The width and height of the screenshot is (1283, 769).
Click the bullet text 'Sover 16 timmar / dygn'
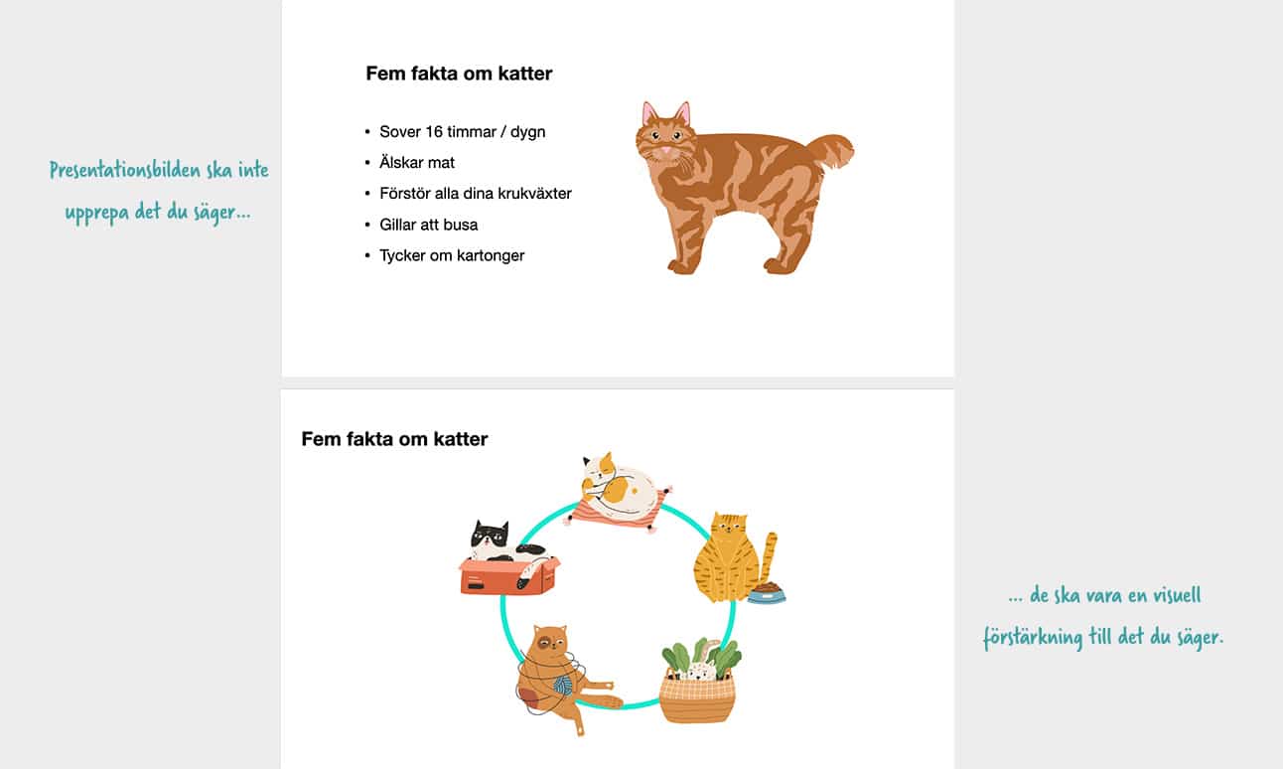[462, 131]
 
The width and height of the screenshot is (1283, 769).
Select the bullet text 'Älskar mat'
[417, 162]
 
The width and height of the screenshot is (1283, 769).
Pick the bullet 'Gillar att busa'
[428, 225]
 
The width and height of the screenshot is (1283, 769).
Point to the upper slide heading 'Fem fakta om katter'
[459, 74]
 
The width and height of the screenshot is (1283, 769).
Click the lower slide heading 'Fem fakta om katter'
[394, 439]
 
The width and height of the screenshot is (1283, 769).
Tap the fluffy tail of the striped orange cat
[830, 150]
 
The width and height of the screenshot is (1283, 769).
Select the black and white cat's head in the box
[490, 538]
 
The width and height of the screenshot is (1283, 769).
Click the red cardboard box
[506, 577]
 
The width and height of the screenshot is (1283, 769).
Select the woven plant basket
[697, 697]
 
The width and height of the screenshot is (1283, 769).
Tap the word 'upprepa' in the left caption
[96, 213]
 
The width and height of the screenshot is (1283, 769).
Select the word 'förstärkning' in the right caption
[1033, 637]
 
